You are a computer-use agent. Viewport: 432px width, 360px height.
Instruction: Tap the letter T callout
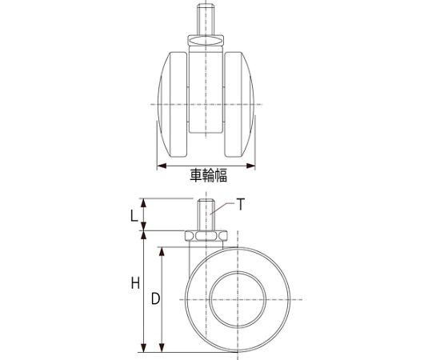241,204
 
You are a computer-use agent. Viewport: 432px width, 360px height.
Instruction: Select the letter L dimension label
134,214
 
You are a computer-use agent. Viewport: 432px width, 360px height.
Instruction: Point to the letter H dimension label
135,283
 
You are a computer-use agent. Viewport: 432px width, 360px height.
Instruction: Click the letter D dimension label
155,298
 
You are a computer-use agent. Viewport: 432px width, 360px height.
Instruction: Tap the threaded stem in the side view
206,215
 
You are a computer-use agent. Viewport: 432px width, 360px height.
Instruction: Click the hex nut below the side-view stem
206,236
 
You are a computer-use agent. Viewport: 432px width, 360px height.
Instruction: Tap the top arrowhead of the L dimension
143,201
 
